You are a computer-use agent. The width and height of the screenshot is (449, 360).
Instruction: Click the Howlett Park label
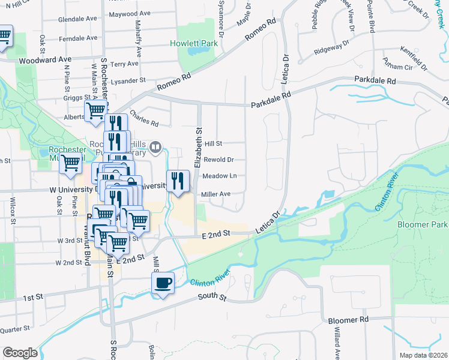[x=193, y=44]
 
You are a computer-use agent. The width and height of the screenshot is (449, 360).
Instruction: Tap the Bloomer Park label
[x=423, y=224]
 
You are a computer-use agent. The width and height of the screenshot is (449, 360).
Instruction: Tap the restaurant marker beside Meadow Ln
[x=178, y=181]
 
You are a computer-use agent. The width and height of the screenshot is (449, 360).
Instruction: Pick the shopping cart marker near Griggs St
[x=95, y=112]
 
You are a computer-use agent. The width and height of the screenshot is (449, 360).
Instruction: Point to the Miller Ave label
[x=216, y=194]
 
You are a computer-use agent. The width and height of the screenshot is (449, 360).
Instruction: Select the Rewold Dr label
[x=218, y=160]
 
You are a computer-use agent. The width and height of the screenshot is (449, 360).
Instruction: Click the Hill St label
[x=214, y=144]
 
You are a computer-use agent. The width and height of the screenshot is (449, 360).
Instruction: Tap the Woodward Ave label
[x=45, y=60]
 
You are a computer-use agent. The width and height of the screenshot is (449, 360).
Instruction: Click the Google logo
[x=20, y=352]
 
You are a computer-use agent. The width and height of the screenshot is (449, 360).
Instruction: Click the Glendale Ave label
[x=77, y=19]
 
